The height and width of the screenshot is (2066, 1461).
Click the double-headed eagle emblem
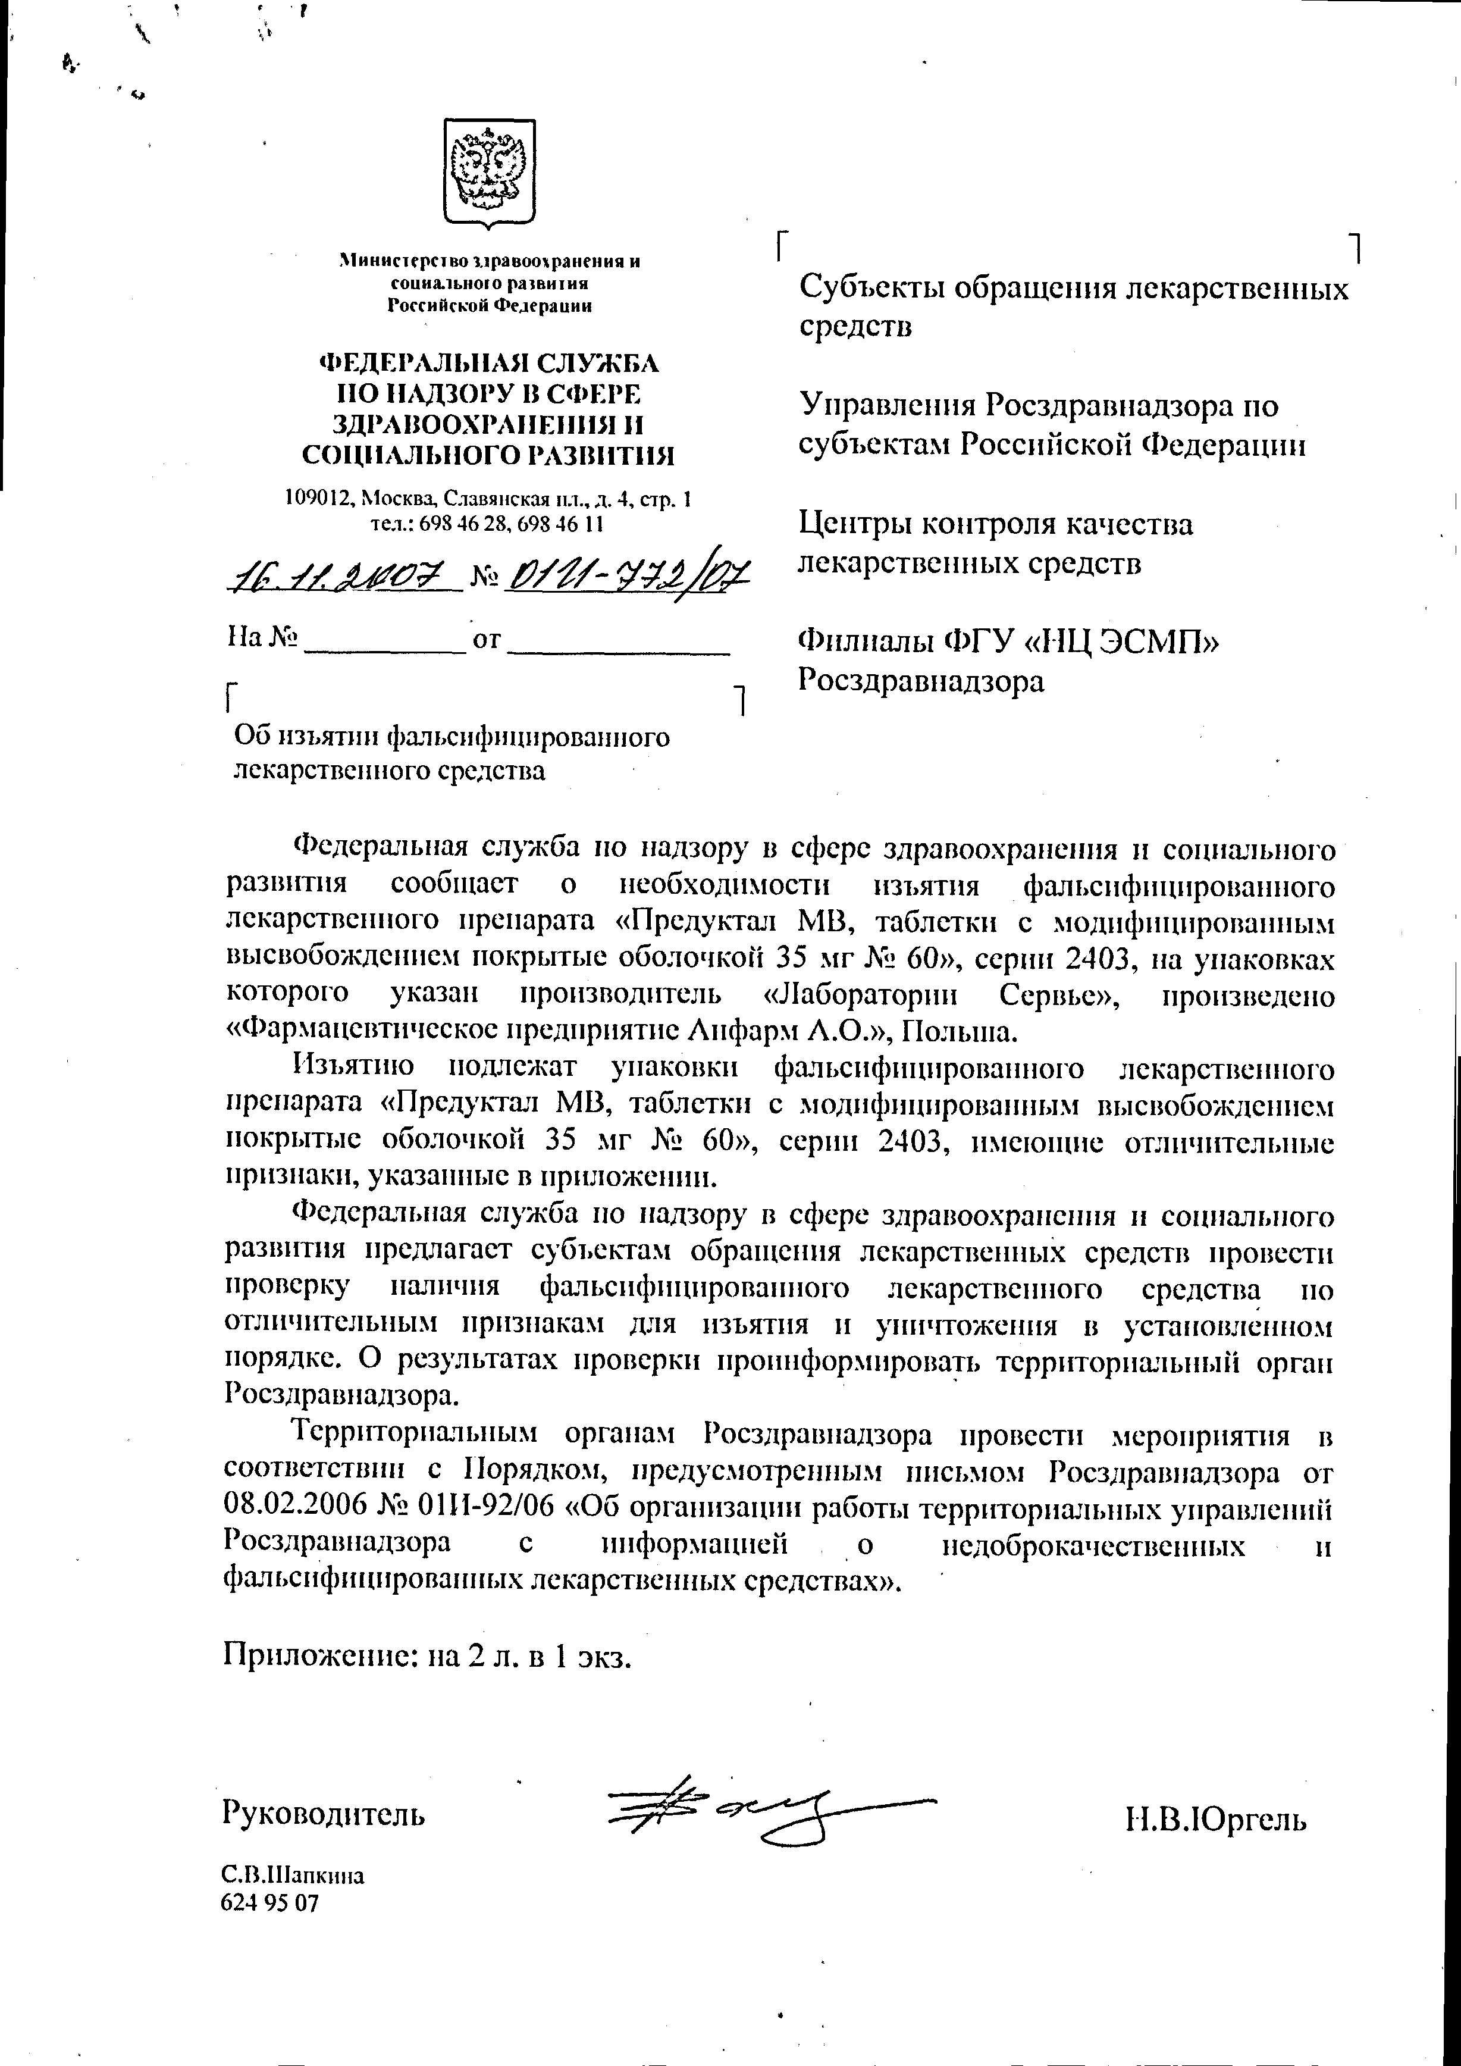click(490, 172)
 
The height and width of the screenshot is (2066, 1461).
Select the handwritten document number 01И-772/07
click(627, 573)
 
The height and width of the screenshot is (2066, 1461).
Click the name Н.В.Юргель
click(1215, 1820)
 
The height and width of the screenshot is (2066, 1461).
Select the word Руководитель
click(324, 1813)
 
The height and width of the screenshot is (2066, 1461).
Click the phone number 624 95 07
click(270, 1903)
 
